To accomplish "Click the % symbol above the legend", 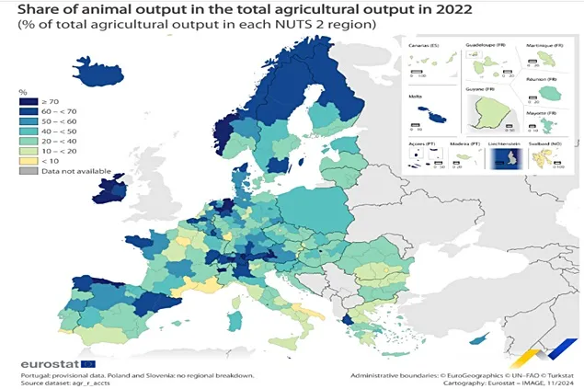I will tap(24, 91).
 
